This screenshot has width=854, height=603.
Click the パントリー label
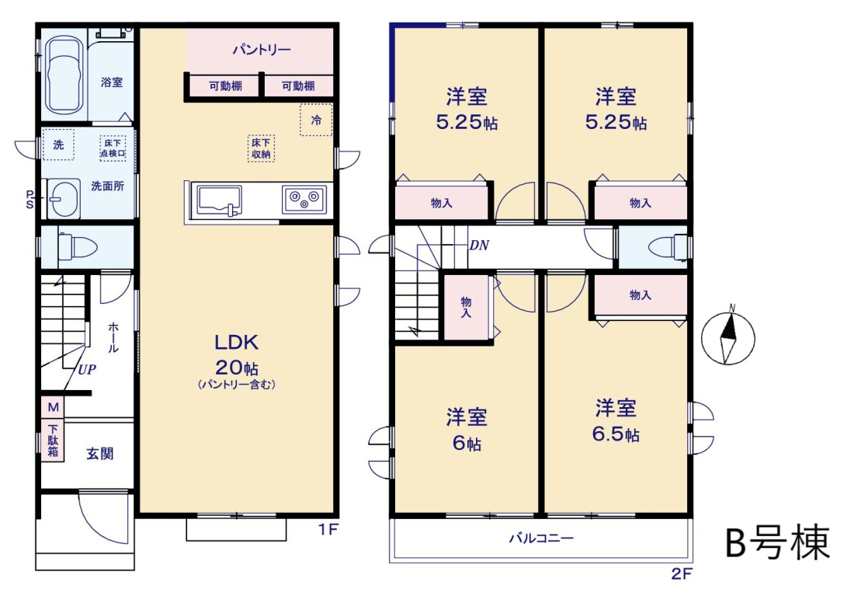262,51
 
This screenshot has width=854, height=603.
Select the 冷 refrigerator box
316,120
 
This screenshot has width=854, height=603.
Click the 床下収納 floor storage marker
261,148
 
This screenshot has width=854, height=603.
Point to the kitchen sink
220,200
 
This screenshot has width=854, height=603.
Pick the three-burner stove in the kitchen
304,200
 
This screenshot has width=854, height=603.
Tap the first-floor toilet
78,248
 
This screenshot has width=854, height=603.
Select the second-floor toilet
668,246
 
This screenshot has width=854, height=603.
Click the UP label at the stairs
87,370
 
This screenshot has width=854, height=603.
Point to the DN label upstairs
479,246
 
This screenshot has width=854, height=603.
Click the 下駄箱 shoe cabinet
53,440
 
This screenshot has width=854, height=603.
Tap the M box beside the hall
53,407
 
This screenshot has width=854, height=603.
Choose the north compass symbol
728,337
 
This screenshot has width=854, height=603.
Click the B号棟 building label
778,542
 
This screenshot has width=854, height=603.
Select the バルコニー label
541,539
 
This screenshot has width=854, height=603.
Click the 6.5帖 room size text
616,434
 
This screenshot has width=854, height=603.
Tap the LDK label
236,343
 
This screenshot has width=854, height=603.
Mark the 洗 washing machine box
58,145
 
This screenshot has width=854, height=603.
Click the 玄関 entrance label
100,454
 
